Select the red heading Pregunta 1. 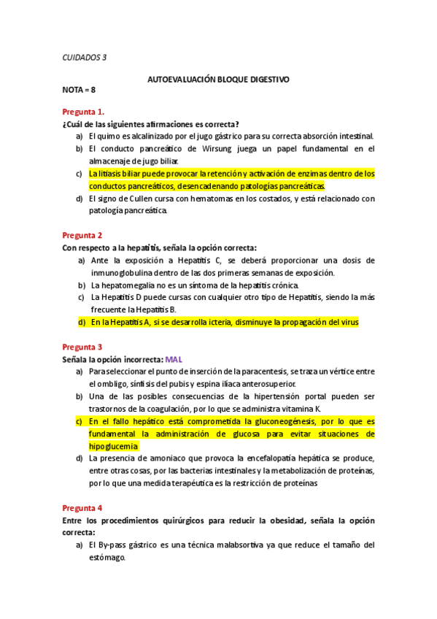[x=83, y=112]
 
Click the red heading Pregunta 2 [x=82, y=235]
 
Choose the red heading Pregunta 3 [x=82, y=347]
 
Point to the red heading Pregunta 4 [x=82, y=507]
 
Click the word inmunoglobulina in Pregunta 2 [x=123, y=272]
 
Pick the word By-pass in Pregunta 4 [x=115, y=545]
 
